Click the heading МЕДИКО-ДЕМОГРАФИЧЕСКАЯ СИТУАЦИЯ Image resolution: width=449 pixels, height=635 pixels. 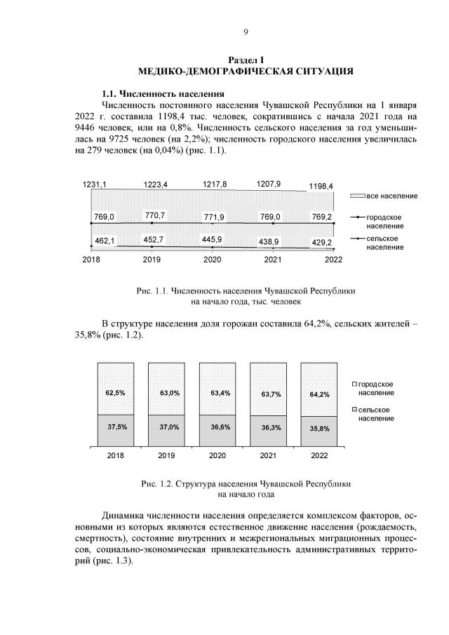246,71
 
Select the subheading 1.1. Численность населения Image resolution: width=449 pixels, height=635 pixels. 163,93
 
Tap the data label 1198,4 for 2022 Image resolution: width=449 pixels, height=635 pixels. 321,187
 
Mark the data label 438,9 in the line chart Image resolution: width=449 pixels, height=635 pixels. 267,241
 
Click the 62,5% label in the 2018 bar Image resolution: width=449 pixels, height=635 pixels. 116,393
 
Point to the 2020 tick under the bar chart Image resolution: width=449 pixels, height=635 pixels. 217,455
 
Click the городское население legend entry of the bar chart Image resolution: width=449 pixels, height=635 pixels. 379,389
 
